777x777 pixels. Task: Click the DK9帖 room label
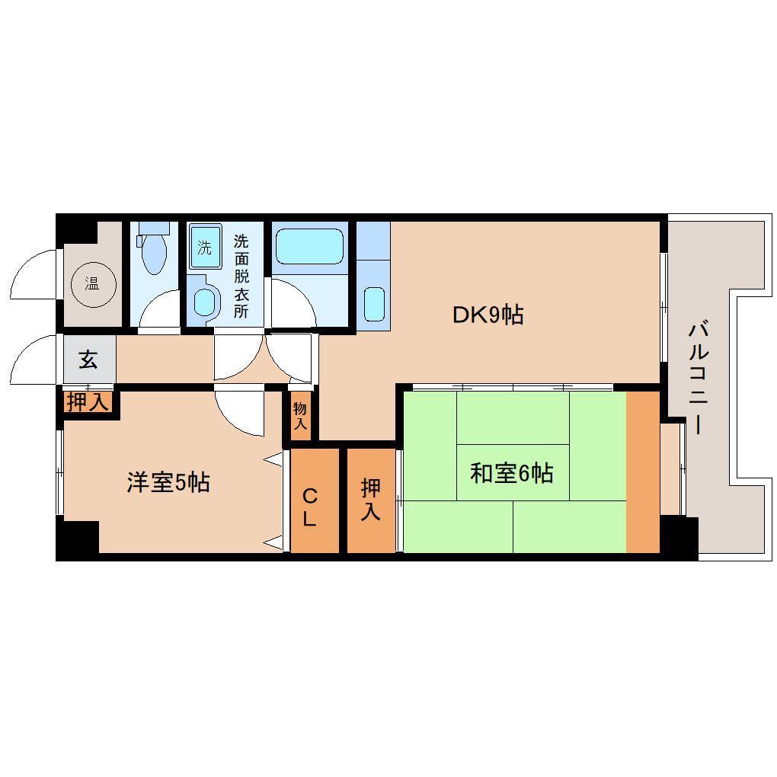(x=488, y=315)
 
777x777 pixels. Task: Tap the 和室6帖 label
(x=511, y=473)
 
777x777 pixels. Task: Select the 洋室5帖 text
(x=168, y=482)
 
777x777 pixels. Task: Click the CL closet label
(x=310, y=507)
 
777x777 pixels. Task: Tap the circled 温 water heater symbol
(x=91, y=285)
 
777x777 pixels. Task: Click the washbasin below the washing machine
(x=204, y=301)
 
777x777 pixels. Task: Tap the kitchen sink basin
(x=373, y=304)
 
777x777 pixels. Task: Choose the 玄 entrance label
(x=88, y=359)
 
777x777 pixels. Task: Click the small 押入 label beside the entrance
(x=88, y=401)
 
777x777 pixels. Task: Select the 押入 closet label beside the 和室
(x=370, y=500)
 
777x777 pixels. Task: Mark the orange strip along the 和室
(x=642, y=472)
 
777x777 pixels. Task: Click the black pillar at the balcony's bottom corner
(x=678, y=537)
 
